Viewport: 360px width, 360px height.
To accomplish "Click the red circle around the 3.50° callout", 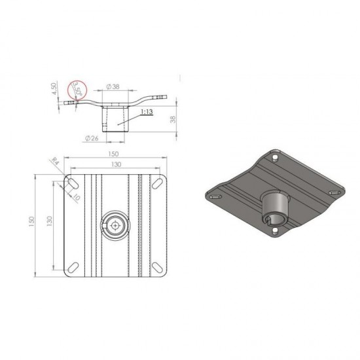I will pos(77,89).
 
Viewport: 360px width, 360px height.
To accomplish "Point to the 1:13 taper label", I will pos(147,113).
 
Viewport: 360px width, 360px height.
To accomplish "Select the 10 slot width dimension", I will pos(77,195).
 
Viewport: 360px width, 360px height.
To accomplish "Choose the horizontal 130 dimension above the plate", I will pos(115,165).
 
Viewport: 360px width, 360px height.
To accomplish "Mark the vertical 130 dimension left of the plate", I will pos(49,223).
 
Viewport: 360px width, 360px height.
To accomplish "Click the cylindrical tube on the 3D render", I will pos(275,208).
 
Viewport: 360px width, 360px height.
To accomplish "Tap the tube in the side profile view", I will pos(115,120).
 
